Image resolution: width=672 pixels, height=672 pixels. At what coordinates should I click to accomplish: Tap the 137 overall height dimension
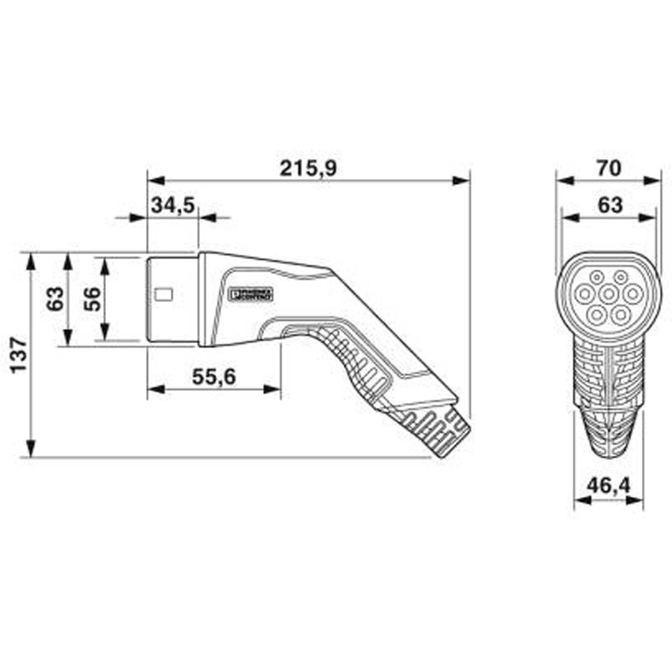(x=18, y=355)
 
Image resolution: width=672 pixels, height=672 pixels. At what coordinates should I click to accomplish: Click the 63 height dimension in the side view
(x=54, y=298)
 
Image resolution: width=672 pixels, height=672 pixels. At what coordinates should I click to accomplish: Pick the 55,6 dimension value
(x=214, y=377)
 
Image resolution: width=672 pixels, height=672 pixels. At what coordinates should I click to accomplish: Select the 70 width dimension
(x=609, y=168)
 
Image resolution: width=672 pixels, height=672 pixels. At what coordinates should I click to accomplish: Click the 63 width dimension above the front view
(x=609, y=205)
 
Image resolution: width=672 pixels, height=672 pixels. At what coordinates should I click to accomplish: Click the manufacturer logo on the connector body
(x=251, y=294)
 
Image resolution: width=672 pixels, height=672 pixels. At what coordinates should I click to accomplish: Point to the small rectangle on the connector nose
(x=164, y=293)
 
